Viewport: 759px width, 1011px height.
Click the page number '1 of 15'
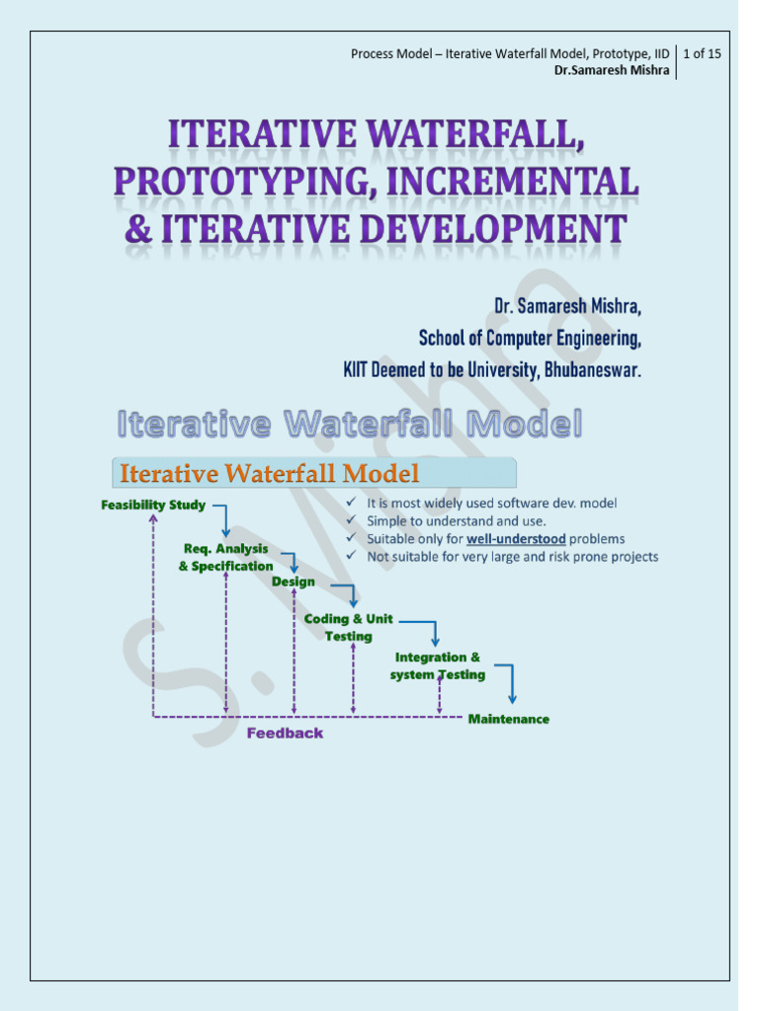tap(702, 53)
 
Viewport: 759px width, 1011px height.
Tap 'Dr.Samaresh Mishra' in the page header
tap(612, 70)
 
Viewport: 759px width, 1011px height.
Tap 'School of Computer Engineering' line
tap(530, 339)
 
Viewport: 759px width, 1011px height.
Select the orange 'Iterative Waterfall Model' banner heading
tap(269, 474)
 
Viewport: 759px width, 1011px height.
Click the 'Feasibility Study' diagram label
tap(153, 505)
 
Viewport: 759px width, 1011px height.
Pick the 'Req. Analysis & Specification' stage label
tap(226, 557)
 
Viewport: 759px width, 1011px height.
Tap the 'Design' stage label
tap(294, 582)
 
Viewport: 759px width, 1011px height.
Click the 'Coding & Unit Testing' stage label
tap(348, 627)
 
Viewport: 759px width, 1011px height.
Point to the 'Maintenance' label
tap(508, 719)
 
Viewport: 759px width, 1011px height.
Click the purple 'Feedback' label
tap(285, 734)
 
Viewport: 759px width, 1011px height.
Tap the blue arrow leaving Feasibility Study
tap(222, 517)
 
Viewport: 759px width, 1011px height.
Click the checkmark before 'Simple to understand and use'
tap(353, 520)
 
